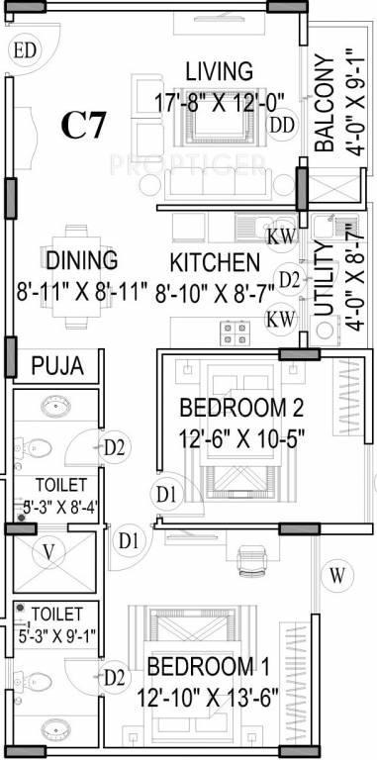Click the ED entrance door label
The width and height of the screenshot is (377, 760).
25,49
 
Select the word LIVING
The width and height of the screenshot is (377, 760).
220,71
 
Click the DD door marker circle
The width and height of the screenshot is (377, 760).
282,125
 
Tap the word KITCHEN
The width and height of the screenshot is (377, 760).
215,263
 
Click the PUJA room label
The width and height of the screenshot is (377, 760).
57,366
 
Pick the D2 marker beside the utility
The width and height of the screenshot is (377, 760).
288,279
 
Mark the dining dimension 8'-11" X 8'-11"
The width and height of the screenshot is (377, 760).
81,292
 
